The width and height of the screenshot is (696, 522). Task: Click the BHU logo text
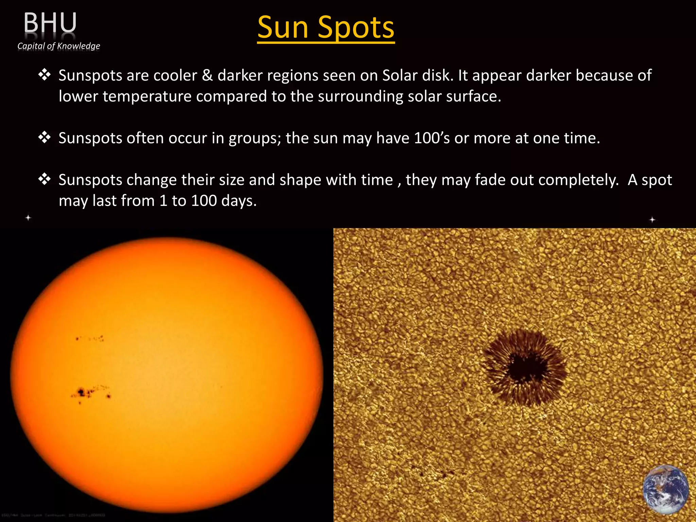(50, 23)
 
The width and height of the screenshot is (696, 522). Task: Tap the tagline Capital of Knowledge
(59, 46)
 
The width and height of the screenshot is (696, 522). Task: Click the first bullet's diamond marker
(44, 75)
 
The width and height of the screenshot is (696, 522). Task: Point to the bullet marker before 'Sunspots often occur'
(44, 138)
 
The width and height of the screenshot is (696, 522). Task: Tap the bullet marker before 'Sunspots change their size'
(44, 179)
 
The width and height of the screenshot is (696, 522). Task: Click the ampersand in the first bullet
(207, 75)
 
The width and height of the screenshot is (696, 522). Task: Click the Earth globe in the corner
(666, 489)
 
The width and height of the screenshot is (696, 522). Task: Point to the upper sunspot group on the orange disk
(90, 338)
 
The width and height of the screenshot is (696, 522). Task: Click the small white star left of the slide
(29, 217)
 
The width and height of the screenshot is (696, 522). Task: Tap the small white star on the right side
(652, 220)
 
